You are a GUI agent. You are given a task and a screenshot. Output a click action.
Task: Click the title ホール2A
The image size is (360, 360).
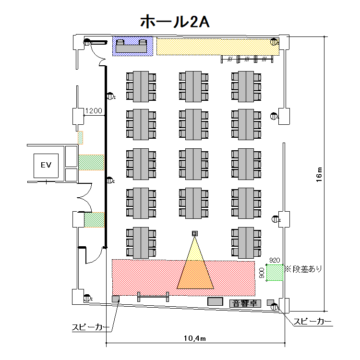tap(174, 21)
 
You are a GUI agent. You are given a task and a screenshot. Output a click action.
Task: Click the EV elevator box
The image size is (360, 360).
tap(46, 166)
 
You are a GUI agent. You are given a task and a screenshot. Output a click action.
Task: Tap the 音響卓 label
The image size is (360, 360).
tap(245, 303)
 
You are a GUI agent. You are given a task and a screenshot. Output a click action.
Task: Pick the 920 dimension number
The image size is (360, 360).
tap(274, 260)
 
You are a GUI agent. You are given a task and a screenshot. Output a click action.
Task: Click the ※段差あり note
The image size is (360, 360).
tap(303, 269)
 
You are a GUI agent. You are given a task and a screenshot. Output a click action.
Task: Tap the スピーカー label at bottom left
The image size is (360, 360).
tap(90, 327)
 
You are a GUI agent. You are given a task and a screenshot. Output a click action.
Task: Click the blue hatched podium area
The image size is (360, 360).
tap(133, 46)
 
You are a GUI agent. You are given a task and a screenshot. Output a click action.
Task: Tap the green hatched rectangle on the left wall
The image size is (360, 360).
tap(94, 220)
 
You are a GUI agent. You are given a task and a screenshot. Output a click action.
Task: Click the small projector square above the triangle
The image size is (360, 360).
tap(194, 233)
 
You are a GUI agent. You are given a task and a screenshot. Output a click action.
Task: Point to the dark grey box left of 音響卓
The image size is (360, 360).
tap(216, 302)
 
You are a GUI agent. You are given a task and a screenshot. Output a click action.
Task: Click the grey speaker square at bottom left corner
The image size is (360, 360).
tap(115, 299)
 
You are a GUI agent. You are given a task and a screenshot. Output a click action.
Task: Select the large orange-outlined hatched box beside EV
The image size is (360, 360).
tap(91, 162)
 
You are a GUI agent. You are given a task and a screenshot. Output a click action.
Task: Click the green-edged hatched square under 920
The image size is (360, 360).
tap(275, 272)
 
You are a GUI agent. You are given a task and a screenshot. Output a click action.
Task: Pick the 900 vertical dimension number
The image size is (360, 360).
tap(262, 273)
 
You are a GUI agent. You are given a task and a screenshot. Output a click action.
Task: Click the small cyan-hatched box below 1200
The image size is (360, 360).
tap(81, 137)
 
